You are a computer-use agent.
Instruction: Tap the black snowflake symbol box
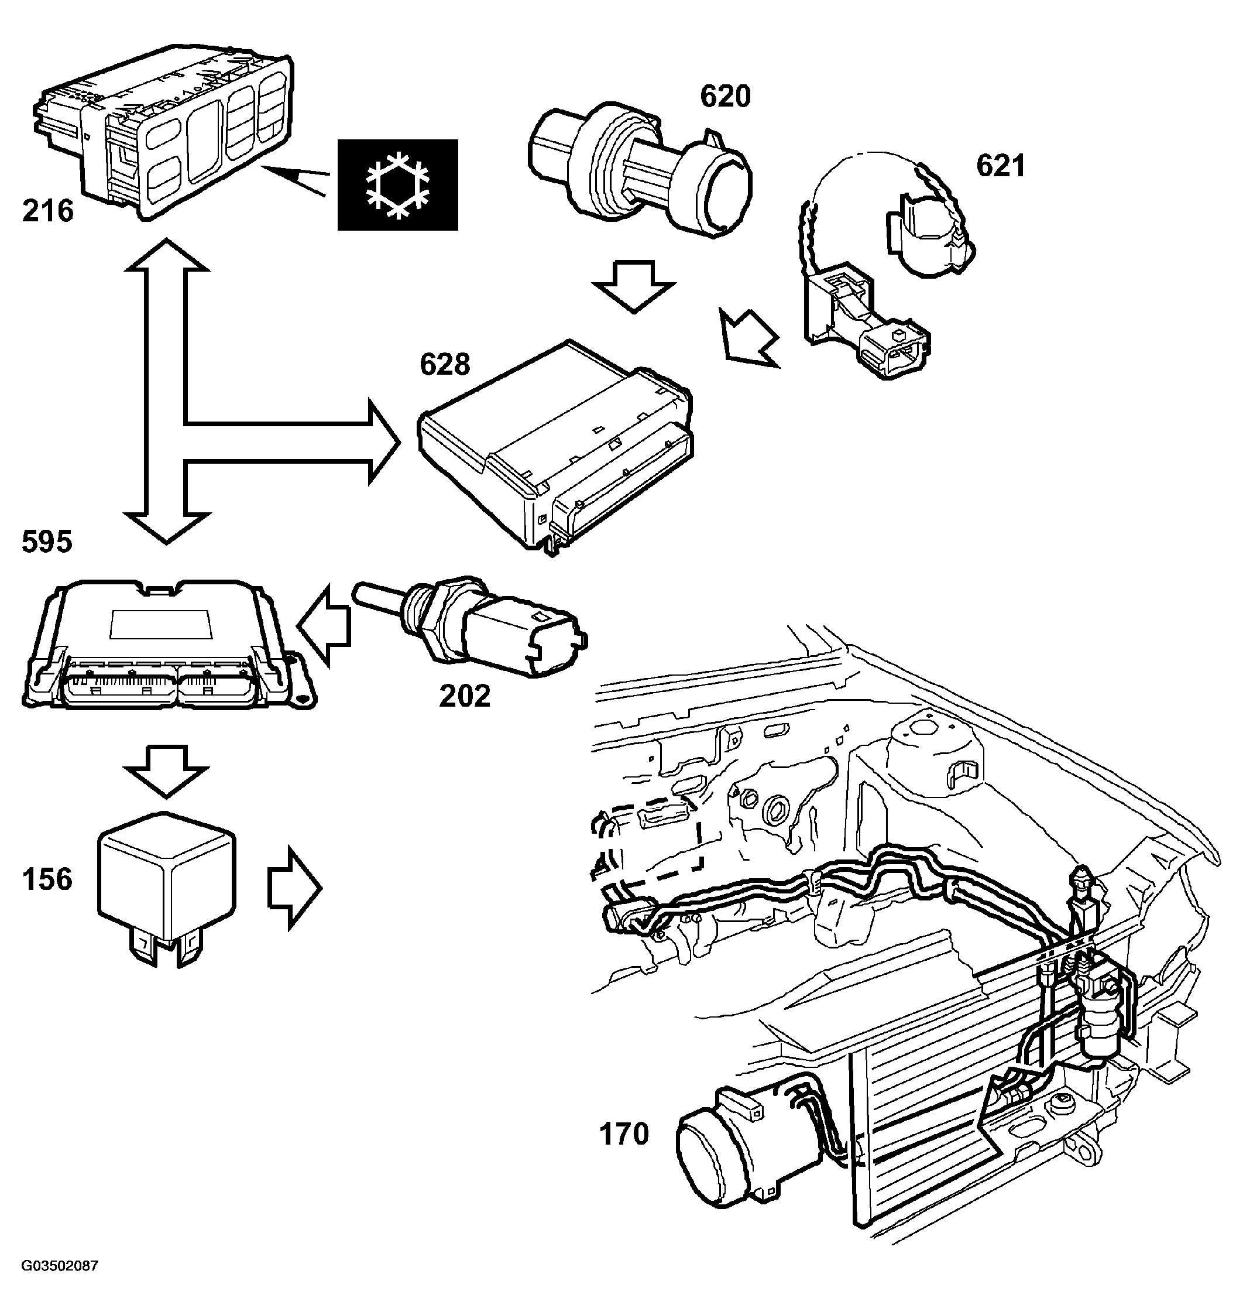(x=397, y=184)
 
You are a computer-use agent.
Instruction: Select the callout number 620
(x=726, y=97)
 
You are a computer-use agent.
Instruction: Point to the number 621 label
(x=1001, y=166)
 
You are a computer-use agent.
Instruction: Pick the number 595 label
(x=47, y=542)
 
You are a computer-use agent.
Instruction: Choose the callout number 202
(x=465, y=696)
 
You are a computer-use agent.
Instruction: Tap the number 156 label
(x=47, y=879)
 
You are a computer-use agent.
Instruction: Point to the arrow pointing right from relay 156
(x=294, y=889)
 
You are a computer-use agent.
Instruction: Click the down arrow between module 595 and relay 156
(x=166, y=772)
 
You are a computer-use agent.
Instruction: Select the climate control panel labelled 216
(x=162, y=129)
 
